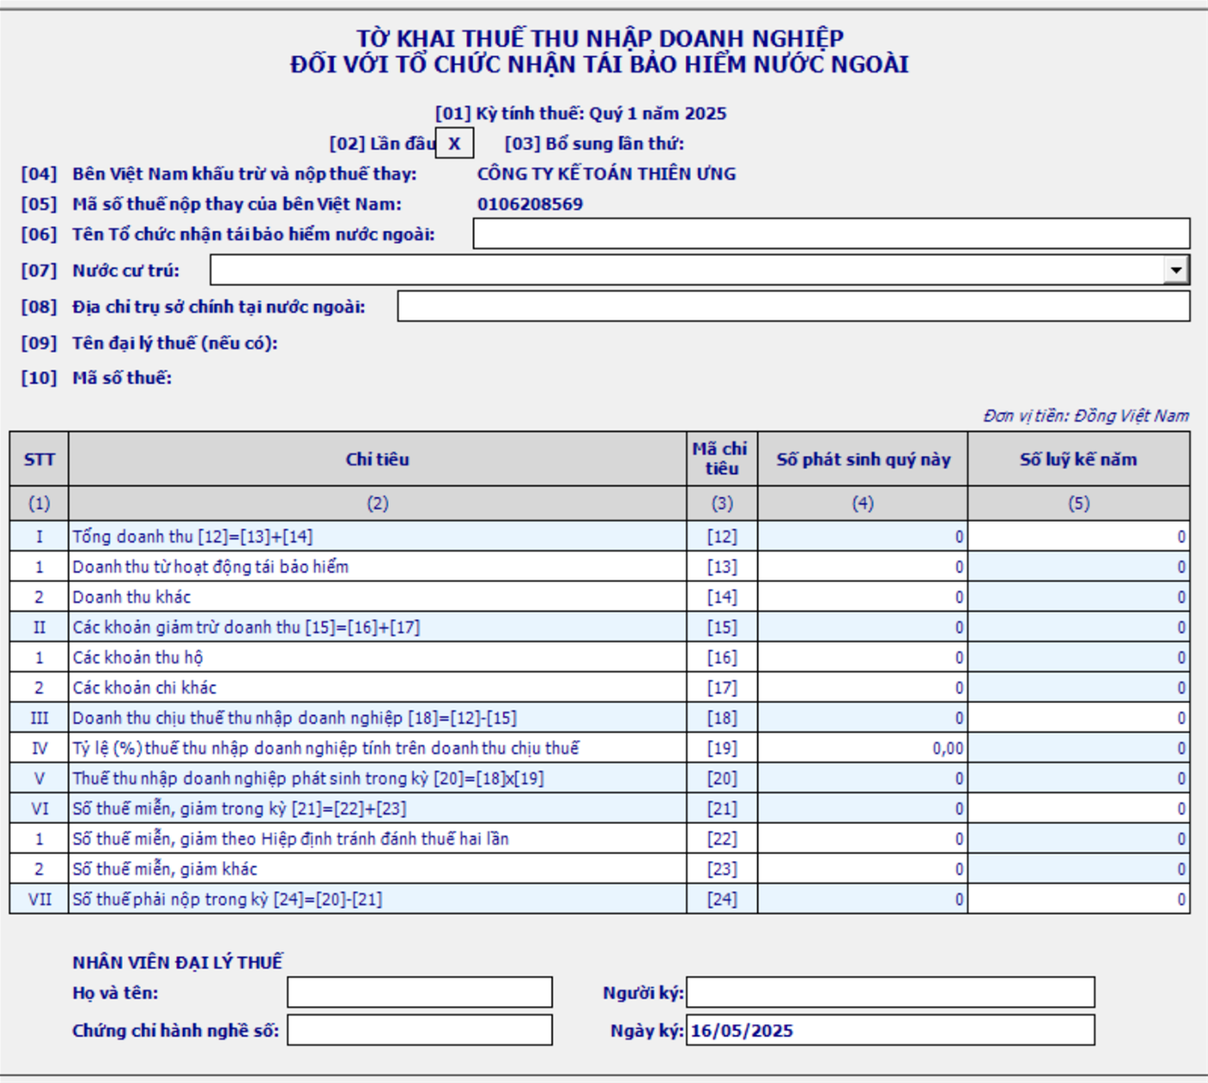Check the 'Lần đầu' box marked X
click(455, 143)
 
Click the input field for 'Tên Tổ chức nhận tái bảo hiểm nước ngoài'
click(831, 234)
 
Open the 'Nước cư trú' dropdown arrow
click(1176, 270)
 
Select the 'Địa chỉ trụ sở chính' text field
click(793, 307)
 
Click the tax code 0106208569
click(530, 204)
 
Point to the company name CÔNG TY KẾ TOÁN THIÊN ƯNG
click(606, 173)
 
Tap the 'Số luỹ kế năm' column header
click(1078, 459)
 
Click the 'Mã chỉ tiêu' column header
click(721, 459)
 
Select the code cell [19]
click(722, 748)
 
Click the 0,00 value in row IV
click(947, 748)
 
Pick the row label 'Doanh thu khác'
click(132, 597)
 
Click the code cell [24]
click(722, 899)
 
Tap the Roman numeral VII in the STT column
click(40, 899)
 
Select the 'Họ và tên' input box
click(420, 993)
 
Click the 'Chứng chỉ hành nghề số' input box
click(420, 1030)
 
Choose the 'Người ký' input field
click(890, 993)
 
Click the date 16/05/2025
click(742, 1031)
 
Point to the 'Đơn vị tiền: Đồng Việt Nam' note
click(1086, 416)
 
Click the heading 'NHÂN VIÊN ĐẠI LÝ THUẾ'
click(178, 962)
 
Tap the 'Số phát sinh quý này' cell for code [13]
click(862, 567)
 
